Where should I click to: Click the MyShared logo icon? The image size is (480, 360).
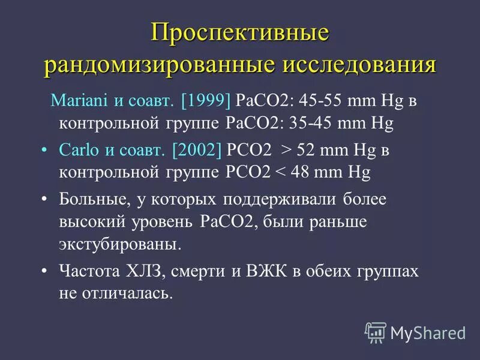click(x=376, y=332)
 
